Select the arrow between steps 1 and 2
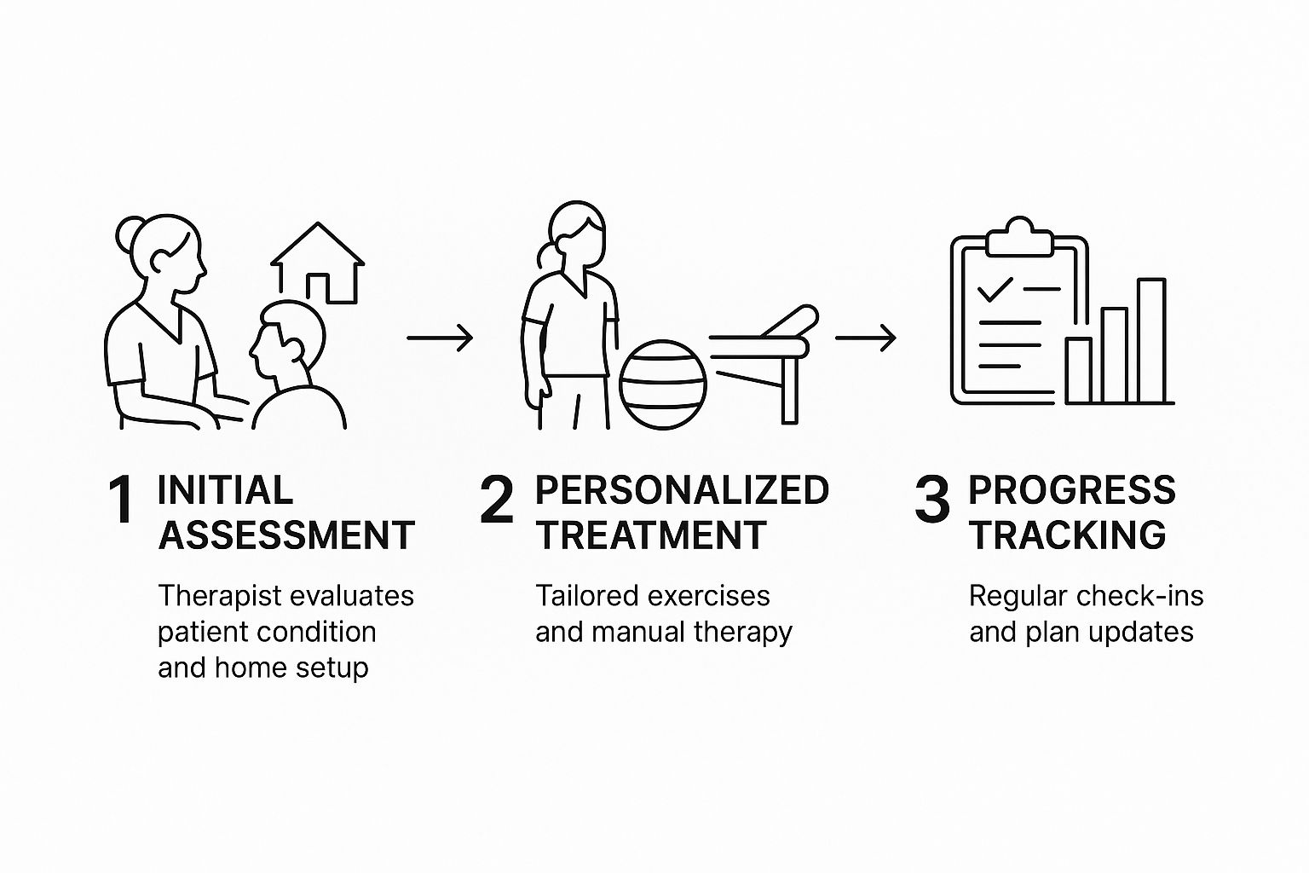(x=440, y=338)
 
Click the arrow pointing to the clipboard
(x=865, y=338)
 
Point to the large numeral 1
(x=121, y=500)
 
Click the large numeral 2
(x=496, y=500)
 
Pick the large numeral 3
(x=931, y=500)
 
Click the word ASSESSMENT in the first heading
(x=286, y=535)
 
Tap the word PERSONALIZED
(x=682, y=490)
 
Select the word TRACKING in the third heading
(x=1068, y=535)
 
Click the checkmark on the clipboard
(x=995, y=290)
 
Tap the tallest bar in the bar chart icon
(x=1150, y=340)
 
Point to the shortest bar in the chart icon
(x=1078, y=370)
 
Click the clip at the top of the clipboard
(x=1018, y=240)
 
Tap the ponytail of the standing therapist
(x=543, y=255)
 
